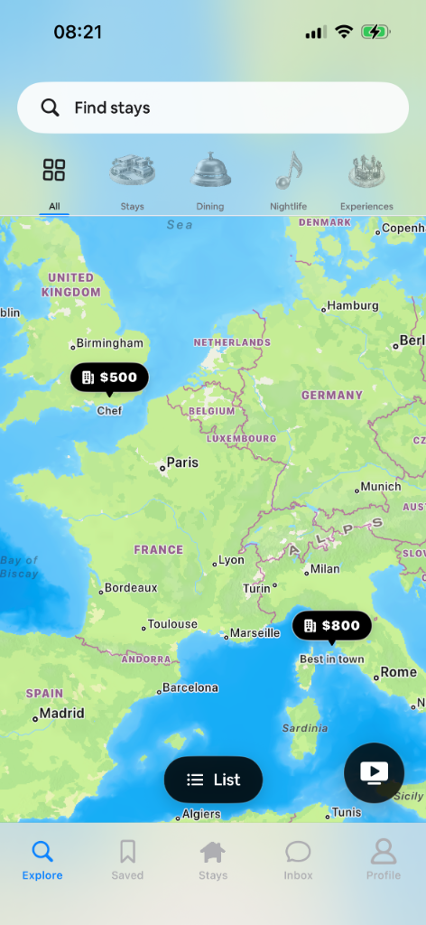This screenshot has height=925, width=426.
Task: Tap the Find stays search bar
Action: tap(213, 107)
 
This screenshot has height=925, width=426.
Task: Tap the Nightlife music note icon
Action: tap(288, 172)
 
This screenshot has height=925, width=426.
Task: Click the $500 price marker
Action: tap(109, 378)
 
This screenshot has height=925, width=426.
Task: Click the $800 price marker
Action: tap(331, 625)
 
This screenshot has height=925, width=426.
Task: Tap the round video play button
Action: tap(374, 772)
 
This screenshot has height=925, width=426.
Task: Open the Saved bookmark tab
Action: tap(127, 859)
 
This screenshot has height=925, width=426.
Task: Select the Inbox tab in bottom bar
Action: tap(298, 859)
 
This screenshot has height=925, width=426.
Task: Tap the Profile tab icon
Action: tap(384, 859)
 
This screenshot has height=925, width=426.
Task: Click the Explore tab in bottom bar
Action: tap(42, 859)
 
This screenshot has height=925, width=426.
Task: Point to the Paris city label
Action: tap(182, 462)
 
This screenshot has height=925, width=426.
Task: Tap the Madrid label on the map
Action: tap(62, 714)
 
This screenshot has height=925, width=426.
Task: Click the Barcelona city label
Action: tap(190, 687)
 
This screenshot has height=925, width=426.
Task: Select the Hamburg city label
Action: tap(353, 305)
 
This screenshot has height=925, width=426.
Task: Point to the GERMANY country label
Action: tap(332, 396)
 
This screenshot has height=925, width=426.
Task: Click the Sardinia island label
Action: tap(304, 728)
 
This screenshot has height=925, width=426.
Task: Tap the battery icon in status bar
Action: tap(375, 32)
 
